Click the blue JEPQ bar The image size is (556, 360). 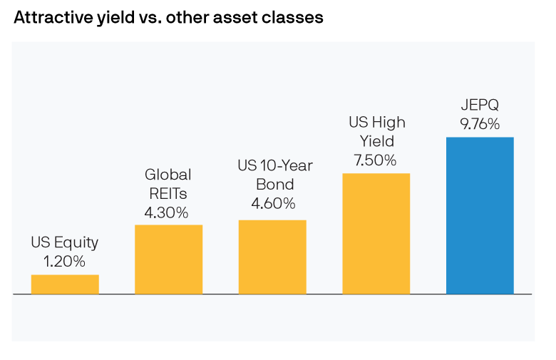480,215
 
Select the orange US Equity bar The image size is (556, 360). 65,284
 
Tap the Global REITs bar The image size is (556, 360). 168,259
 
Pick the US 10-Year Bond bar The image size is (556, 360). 272,257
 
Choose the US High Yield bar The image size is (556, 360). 376,233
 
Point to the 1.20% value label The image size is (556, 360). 65,262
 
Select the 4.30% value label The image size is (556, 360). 168,212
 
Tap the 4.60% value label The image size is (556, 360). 273,204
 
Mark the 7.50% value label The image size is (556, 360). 376,160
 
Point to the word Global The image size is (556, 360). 168,175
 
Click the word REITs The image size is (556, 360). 168,194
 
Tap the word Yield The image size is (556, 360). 376,141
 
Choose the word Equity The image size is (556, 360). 76,243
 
